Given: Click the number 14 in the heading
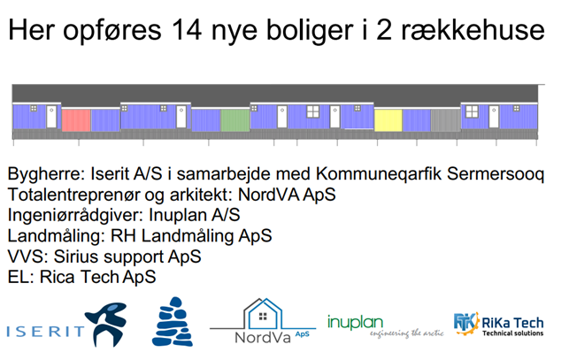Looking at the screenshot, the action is coord(187,30).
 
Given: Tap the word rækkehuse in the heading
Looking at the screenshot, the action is coord(473,30).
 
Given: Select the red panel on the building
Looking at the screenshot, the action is coord(76,120).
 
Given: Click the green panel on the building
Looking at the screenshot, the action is coord(235,120).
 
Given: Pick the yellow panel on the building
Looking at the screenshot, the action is coord(388,120).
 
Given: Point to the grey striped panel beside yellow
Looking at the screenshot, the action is coord(446,120).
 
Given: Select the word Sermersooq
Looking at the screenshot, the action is coord(496,174).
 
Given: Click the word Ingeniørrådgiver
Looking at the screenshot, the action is coord(76,215).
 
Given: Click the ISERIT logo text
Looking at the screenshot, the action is coord(45,332).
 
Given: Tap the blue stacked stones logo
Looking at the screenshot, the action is coord(173,322).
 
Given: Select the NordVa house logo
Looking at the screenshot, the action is coord(263,321).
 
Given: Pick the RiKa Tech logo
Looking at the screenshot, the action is coord(498,324).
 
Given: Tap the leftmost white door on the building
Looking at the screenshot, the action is coord(51,117).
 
